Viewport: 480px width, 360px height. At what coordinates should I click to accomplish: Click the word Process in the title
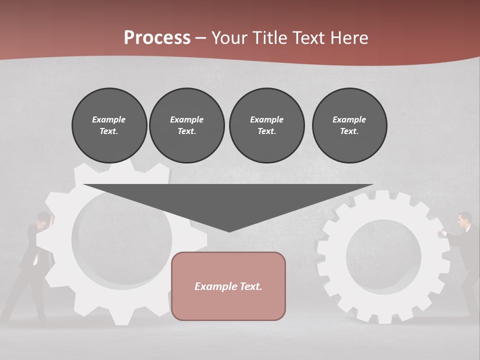point(157,38)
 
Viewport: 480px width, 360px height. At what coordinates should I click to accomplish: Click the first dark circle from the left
point(109,125)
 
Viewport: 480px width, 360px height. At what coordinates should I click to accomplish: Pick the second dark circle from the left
point(186,125)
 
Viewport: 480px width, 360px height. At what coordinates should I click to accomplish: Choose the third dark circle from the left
point(266,125)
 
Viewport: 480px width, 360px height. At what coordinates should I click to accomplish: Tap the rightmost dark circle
point(349,125)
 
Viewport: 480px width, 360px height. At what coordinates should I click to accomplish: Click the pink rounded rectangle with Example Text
point(228,286)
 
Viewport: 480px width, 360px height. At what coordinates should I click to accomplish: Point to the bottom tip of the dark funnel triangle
point(229,231)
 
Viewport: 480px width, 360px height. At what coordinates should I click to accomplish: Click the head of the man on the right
point(465,219)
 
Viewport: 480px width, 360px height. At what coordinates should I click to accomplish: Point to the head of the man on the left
point(44,219)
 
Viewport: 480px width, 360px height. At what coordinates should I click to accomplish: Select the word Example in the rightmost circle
point(349,119)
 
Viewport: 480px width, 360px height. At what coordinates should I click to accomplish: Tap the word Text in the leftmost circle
point(108,131)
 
